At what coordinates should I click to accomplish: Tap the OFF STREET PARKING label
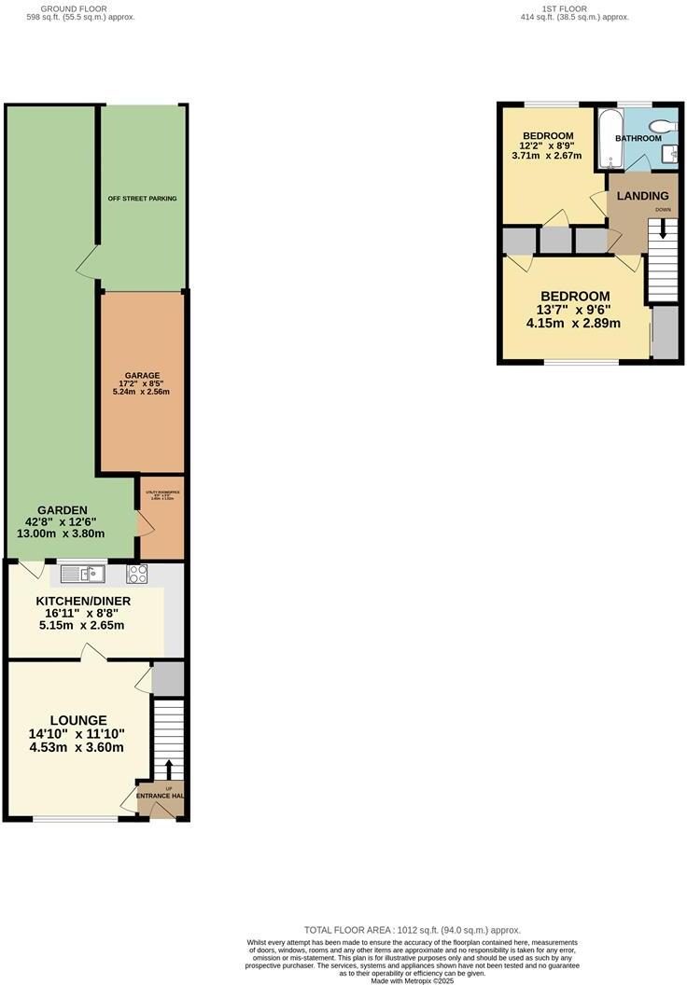[142, 199]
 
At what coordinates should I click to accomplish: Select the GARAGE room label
[143, 376]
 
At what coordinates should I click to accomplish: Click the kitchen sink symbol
[84, 574]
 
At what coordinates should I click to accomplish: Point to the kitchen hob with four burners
[138, 574]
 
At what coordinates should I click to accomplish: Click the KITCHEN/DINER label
[83, 602]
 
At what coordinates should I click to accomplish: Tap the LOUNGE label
[78, 720]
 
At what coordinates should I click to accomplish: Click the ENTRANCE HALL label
[161, 796]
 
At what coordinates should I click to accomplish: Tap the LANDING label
[643, 196]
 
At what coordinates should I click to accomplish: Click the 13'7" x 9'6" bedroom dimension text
[573, 311]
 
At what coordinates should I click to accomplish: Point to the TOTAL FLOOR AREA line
[413, 930]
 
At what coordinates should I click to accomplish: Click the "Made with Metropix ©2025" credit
[413, 979]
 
